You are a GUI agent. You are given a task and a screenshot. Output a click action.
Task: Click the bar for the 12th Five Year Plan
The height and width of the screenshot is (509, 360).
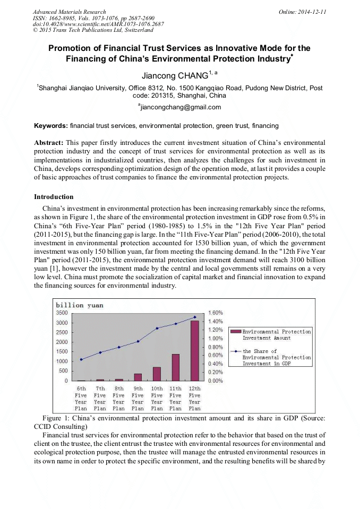(195, 350)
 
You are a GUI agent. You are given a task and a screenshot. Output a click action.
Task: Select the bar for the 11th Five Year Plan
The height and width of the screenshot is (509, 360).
(176, 367)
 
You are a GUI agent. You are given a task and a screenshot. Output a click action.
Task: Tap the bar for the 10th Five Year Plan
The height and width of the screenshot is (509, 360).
(157, 374)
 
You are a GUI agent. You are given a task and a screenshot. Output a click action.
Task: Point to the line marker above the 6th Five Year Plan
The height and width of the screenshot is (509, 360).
(81, 359)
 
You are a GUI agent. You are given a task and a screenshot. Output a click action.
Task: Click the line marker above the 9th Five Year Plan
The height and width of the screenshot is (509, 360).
(138, 341)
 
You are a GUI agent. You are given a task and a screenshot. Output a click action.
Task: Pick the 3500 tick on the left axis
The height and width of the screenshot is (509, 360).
(62, 313)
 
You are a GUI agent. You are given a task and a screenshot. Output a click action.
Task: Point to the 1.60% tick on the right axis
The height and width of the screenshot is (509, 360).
(215, 313)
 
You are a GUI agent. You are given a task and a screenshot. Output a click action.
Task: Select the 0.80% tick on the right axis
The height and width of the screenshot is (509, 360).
(215, 347)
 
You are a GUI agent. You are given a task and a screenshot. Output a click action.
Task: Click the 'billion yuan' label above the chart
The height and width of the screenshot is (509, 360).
(80, 305)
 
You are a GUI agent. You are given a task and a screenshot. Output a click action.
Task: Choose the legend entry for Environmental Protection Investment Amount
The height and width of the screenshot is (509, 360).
(271, 334)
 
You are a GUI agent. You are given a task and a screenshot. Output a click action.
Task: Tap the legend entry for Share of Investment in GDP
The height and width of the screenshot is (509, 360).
(271, 357)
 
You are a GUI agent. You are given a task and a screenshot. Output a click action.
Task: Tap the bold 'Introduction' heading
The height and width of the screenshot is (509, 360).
(54, 197)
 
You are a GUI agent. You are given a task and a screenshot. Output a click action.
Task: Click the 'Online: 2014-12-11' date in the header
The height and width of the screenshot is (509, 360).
(302, 12)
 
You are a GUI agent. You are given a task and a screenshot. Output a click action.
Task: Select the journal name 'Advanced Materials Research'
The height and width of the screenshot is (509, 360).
(69, 12)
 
